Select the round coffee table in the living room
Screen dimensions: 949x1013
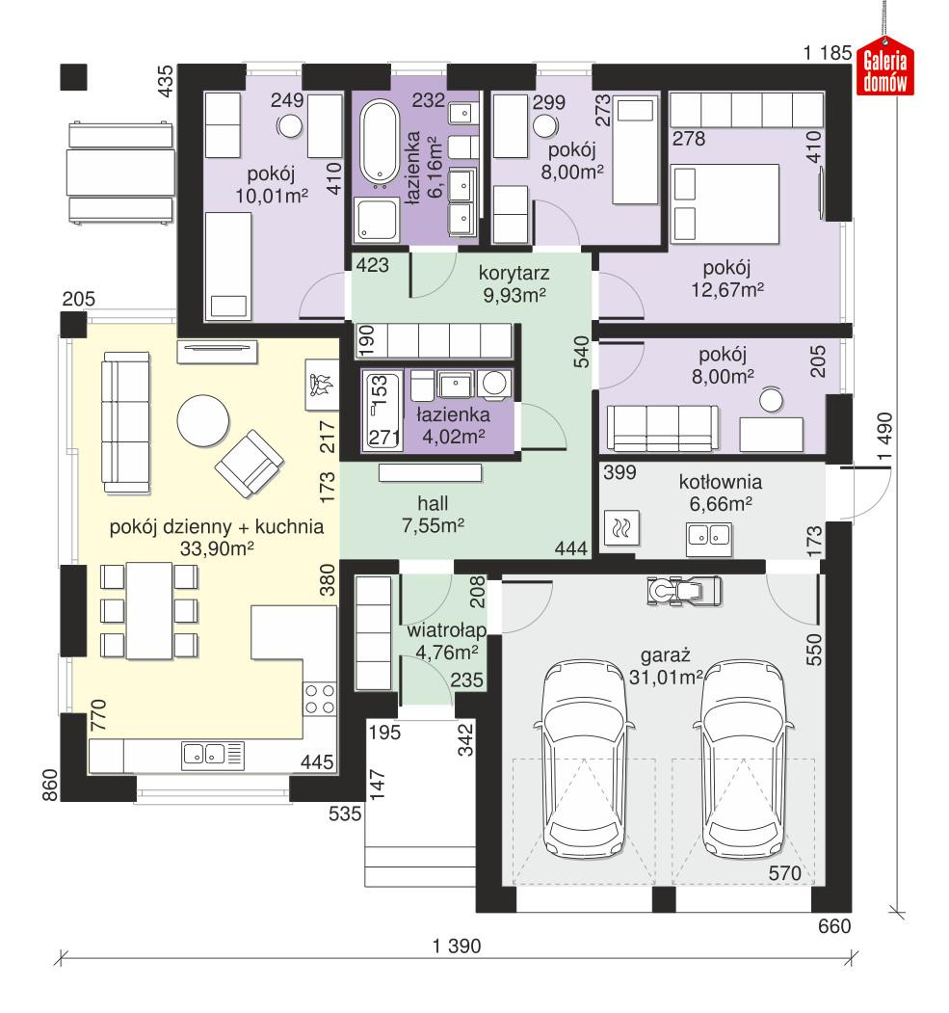click(202, 420)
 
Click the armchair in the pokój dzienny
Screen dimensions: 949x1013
click(250, 464)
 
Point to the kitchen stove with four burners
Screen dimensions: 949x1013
click(320, 699)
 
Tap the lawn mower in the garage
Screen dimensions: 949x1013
click(684, 590)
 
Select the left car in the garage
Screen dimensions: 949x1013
click(585, 760)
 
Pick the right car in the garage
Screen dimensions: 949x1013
click(745, 760)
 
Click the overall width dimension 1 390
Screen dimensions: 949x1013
click(457, 946)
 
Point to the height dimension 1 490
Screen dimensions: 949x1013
click(885, 436)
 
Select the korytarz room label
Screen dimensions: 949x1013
click(514, 274)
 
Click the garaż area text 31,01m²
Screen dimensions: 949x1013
click(666, 677)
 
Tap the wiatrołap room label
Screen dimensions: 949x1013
click(446, 630)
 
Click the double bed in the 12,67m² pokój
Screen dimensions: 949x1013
click(725, 204)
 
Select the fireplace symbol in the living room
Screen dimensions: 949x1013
click(322, 386)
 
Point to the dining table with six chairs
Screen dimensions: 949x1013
click(149, 610)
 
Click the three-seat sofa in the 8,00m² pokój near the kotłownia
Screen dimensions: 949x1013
click(662, 428)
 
